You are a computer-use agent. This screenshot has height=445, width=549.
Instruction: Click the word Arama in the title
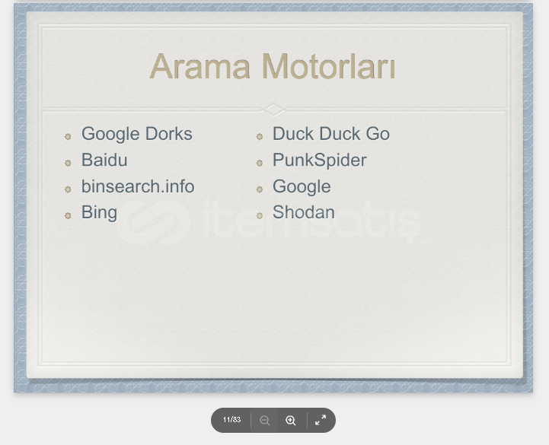point(200,66)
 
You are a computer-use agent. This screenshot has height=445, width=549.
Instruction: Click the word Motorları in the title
point(329,66)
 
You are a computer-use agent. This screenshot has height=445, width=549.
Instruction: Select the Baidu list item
point(104,160)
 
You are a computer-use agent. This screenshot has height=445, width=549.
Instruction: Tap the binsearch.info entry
point(138,186)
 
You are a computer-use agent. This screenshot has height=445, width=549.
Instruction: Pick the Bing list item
point(99,213)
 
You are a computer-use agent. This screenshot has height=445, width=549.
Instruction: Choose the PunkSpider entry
point(320,161)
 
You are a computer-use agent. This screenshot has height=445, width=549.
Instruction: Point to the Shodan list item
point(304,212)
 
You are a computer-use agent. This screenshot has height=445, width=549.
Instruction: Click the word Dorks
point(169,134)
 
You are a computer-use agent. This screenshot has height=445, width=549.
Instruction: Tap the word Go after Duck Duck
point(378,134)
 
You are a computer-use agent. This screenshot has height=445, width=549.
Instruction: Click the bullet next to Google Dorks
point(68,136)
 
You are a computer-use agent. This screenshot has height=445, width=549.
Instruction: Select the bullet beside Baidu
point(68,163)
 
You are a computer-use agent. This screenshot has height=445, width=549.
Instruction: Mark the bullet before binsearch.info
point(68,189)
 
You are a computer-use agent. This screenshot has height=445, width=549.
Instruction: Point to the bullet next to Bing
point(68,215)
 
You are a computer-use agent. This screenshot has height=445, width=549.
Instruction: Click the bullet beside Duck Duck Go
point(260,136)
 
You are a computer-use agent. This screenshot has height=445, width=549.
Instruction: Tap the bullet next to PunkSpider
point(260,163)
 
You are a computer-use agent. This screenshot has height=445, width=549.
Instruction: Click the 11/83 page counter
point(231,419)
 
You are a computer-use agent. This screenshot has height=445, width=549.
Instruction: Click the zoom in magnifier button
point(291,420)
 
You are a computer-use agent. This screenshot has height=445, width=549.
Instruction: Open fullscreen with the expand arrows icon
point(321,420)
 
